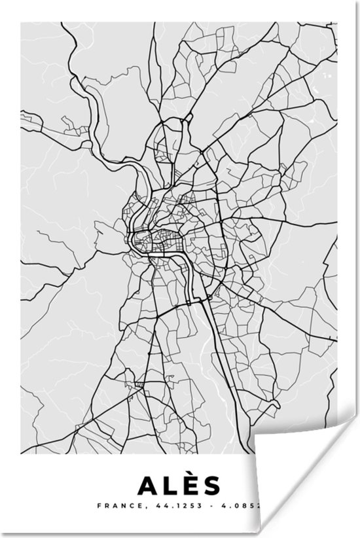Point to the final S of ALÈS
[x=213, y=486]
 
